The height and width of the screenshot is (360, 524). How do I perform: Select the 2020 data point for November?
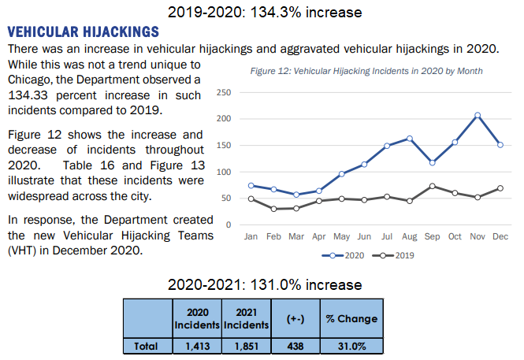coord(478,115)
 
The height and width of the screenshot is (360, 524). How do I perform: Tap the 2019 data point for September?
coord(433,186)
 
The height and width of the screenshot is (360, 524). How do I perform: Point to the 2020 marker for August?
coord(410,138)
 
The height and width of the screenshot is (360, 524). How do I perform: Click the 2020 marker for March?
coord(296,195)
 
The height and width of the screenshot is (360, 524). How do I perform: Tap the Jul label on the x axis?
coord(387,236)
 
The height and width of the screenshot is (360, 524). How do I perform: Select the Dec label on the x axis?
coord(500,236)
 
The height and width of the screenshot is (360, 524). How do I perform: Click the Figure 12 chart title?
coord(366,71)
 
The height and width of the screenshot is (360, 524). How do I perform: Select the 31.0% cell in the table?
coord(351,345)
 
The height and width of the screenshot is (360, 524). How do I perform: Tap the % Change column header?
coord(351,318)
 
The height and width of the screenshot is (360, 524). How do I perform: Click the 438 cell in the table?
coord(293,345)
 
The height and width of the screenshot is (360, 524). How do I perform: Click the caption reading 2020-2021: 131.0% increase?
coord(265,284)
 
